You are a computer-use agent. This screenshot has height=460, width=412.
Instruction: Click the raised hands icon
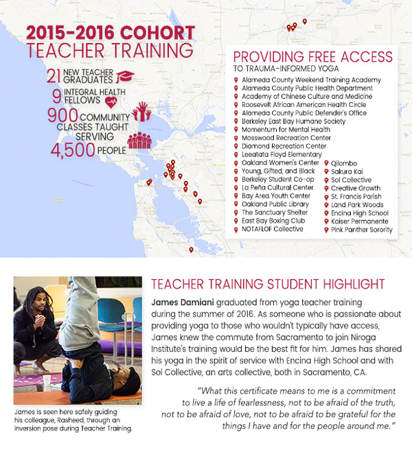pos(141,111)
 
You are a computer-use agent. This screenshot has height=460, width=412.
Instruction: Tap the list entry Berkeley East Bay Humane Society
pos(282,121)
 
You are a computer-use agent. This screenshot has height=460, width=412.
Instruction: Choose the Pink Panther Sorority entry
pos(362,230)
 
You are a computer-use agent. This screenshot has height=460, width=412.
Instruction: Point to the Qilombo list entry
pos(345,163)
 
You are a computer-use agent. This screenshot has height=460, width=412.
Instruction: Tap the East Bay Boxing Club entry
pos(273,221)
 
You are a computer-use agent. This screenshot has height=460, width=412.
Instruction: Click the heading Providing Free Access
pos(313,57)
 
